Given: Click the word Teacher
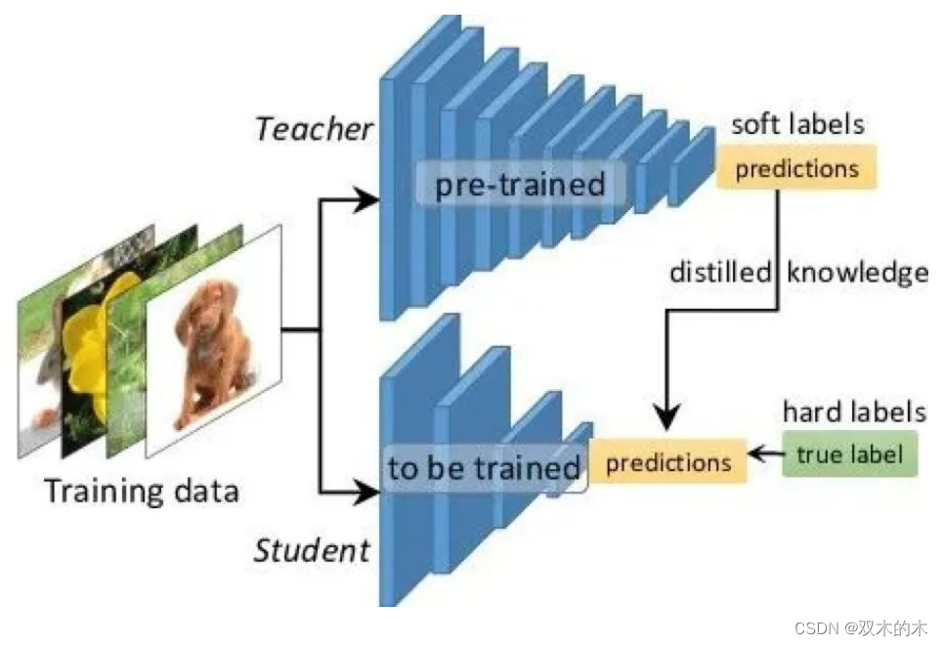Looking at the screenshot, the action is [313, 129].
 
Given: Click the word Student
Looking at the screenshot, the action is [312, 549].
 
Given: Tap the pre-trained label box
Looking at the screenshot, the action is [520, 185].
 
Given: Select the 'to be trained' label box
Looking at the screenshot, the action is [484, 469].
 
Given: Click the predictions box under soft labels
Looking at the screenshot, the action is [796, 169].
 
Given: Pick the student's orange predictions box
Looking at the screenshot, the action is [668, 461].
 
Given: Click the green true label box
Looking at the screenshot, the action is [849, 454].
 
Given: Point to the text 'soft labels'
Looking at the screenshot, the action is [797, 124].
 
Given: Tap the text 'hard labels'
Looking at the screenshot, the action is [854, 411].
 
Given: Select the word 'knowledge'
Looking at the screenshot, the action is [857, 273].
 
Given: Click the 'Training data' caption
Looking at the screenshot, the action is [142, 489].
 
